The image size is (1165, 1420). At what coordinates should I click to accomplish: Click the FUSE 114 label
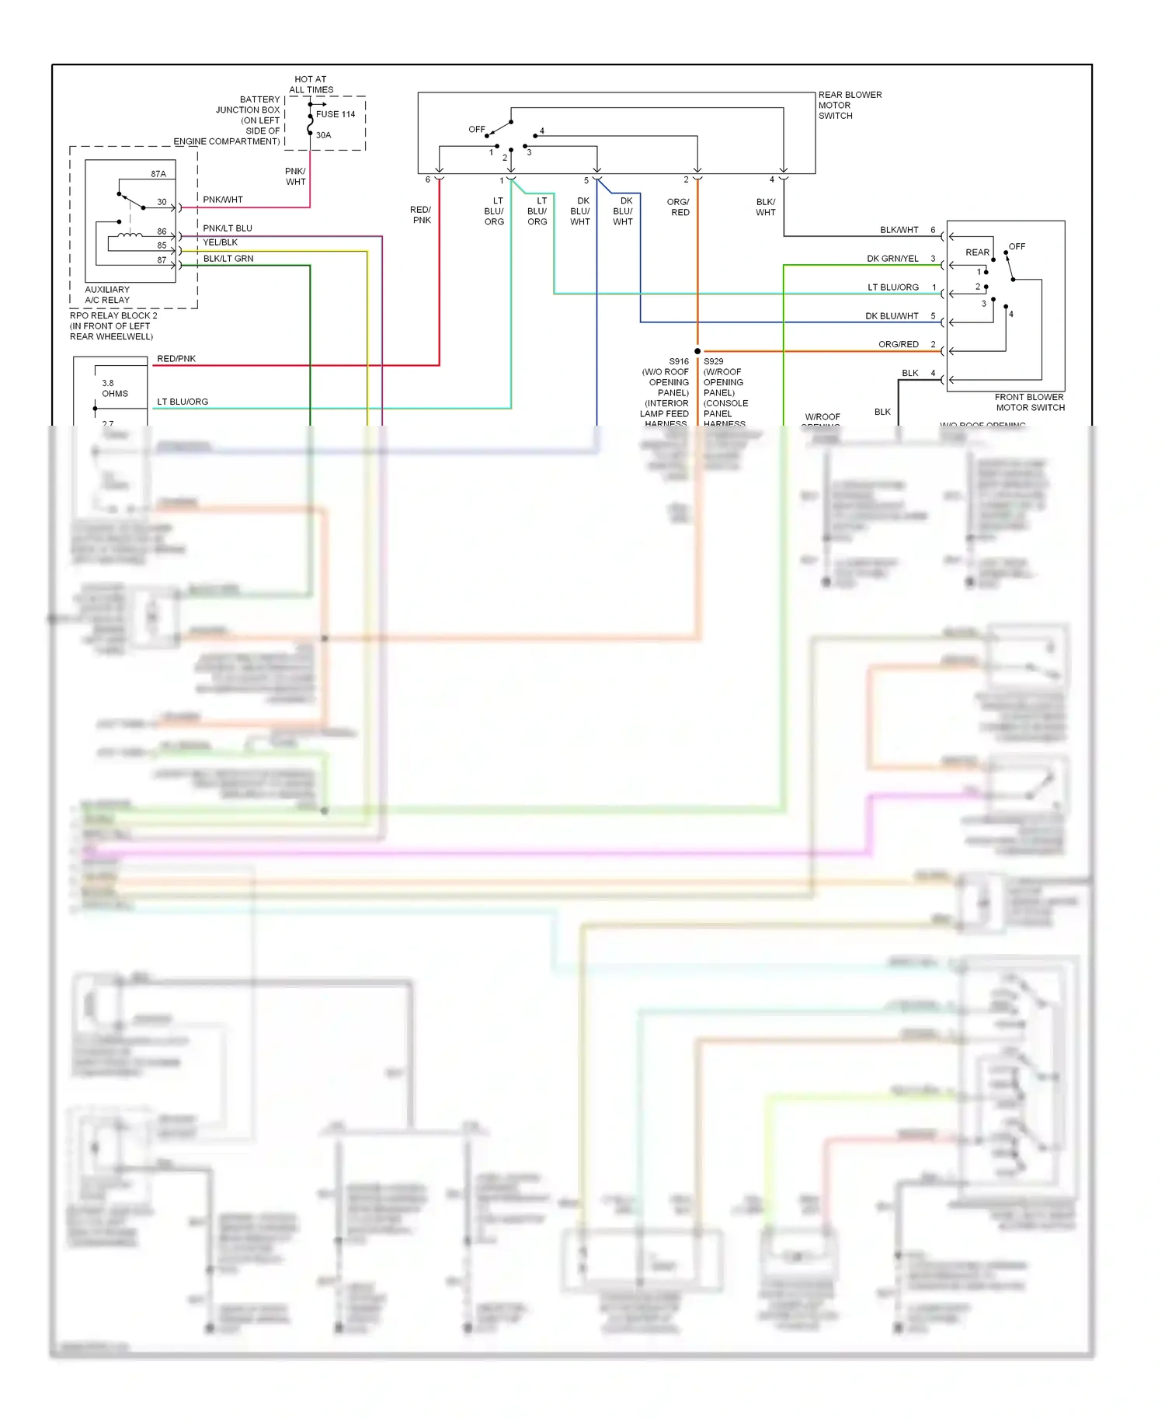(x=335, y=114)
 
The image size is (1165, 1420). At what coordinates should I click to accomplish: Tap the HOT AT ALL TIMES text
(x=311, y=85)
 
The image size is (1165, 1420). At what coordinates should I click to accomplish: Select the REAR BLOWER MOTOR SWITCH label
(x=849, y=105)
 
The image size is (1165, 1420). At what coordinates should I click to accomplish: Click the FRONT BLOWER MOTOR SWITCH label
(x=1029, y=402)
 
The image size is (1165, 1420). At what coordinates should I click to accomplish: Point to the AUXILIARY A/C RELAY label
(x=107, y=294)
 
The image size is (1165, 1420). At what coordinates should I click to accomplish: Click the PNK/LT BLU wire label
(x=228, y=228)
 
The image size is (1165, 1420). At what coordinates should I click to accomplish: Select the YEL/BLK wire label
(x=220, y=242)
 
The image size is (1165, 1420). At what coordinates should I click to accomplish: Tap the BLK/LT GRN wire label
(x=228, y=259)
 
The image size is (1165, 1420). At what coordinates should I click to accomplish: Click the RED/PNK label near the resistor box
(x=176, y=359)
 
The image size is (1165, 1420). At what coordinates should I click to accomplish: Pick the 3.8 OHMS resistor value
(x=114, y=388)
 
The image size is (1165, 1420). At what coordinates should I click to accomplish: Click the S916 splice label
(x=679, y=361)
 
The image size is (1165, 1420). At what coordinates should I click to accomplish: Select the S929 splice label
(x=713, y=361)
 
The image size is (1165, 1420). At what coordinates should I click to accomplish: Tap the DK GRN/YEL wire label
(x=892, y=259)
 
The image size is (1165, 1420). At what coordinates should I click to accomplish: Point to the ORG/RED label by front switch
(x=898, y=344)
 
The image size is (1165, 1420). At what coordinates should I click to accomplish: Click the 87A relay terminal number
(x=158, y=174)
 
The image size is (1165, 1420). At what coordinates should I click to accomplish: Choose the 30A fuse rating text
(x=323, y=135)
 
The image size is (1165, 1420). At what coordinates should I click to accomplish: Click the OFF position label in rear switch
(x=476, y=130)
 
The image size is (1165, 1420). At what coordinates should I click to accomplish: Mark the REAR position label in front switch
(x=977, y=252)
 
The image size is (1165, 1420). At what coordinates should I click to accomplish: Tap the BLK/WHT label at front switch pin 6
(x=899, y=230)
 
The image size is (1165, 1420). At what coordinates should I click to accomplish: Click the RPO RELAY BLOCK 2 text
(x=113, y=315)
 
